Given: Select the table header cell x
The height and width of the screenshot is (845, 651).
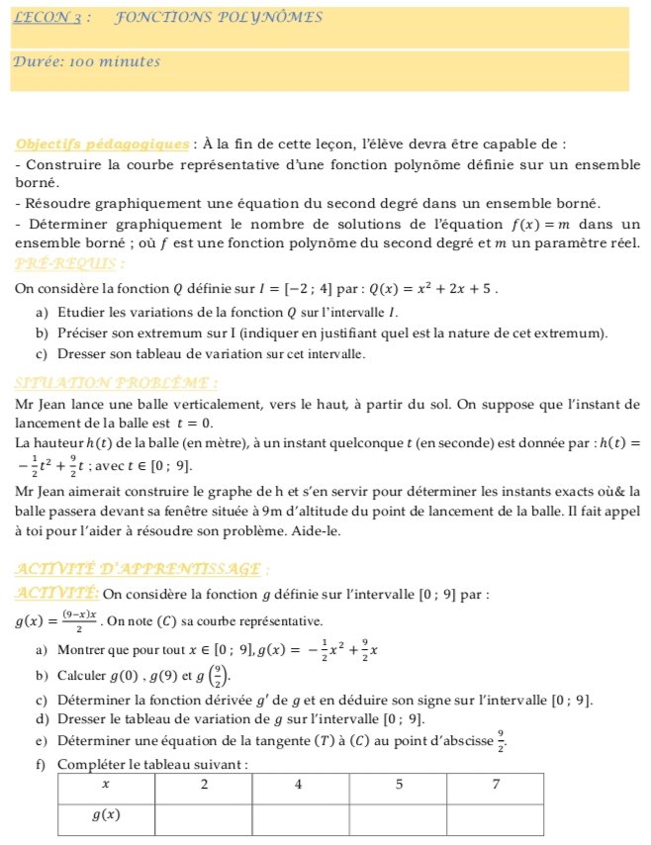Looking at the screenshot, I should point(106,785).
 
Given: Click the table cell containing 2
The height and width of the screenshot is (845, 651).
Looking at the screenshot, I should point(204,785).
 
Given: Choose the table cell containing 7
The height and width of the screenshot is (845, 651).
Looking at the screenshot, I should point(495,785).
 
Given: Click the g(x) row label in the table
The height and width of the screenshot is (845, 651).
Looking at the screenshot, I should point(106,815).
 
